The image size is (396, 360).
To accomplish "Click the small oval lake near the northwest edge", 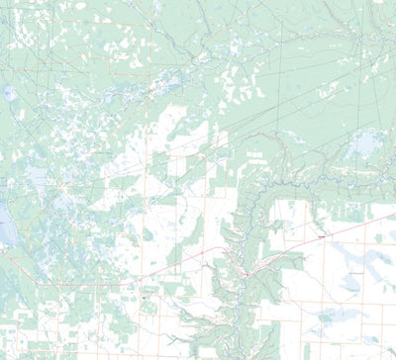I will tap(10, 94).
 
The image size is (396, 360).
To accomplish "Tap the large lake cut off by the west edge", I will tap(3, 227).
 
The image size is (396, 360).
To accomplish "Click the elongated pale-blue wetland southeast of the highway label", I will tap(356, 267).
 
